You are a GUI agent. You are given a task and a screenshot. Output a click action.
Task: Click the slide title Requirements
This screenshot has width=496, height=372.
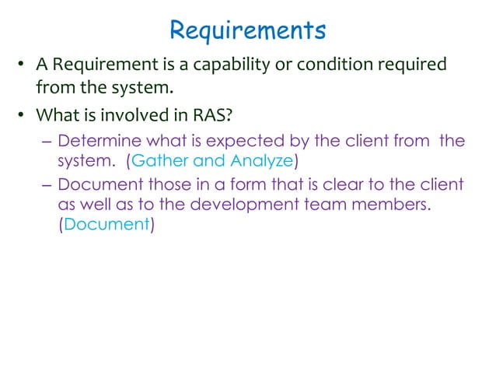click(x=247, y=31)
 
